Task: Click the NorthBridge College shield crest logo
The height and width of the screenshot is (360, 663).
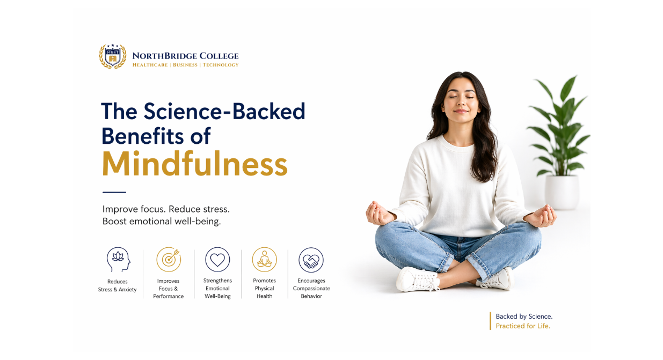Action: point(113,56)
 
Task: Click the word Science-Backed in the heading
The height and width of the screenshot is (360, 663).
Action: point(224,111)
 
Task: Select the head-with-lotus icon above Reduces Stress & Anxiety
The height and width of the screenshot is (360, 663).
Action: point(119,260)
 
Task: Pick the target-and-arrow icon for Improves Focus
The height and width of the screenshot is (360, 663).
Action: point(169,260)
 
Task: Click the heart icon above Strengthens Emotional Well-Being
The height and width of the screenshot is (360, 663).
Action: point(217,260)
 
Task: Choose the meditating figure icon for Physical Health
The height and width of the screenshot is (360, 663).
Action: point(264,260)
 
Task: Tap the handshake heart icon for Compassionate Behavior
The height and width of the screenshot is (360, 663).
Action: point(311,260)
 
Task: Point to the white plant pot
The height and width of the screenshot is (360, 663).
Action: point(562,192)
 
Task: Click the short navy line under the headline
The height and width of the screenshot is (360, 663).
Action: point(114,192)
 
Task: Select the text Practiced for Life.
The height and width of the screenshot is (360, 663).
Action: point(523,326)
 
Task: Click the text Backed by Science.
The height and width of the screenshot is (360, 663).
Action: point(524,317)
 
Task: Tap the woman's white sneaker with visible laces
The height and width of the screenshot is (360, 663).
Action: point(418,279)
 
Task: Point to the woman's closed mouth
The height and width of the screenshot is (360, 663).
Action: point(461,111)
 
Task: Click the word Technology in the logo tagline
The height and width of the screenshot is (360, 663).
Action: point(221,65)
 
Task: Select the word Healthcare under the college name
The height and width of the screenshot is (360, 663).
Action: point(150,65)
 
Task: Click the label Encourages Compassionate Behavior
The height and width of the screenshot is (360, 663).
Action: point(311,289)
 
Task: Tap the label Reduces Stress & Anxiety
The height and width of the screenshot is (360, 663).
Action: point(117,285)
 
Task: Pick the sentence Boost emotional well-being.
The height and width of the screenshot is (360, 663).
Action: point(162,221)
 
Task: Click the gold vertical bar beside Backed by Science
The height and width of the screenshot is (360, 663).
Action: point(490,321)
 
